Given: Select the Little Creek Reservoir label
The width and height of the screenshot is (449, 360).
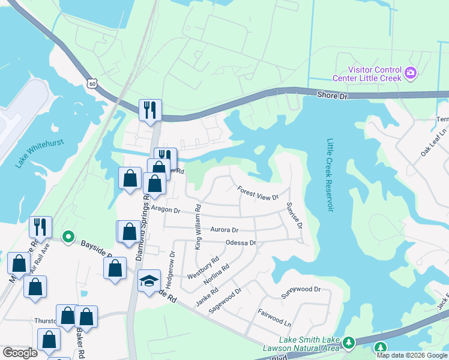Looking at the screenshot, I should (x=330, y=175).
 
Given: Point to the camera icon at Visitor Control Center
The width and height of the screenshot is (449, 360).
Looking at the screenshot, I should (x=411, y=73).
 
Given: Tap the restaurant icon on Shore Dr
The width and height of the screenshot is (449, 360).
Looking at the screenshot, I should (x=149, y=109).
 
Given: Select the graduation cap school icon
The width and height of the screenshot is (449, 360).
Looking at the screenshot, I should (x=148, y=280).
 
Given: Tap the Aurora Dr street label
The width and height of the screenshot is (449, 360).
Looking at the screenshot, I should (x=224, y=229).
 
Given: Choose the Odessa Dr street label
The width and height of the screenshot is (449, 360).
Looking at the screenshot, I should (x=241, y=243).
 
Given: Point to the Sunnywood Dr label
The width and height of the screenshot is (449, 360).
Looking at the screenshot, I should (x=301, y=289).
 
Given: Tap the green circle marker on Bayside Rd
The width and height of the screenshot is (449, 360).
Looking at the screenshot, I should (x=68, y=238).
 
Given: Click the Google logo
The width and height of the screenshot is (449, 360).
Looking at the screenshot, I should (x=20, y=353).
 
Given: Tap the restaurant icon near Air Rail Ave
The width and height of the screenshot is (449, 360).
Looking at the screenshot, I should (x=40, y=227).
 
